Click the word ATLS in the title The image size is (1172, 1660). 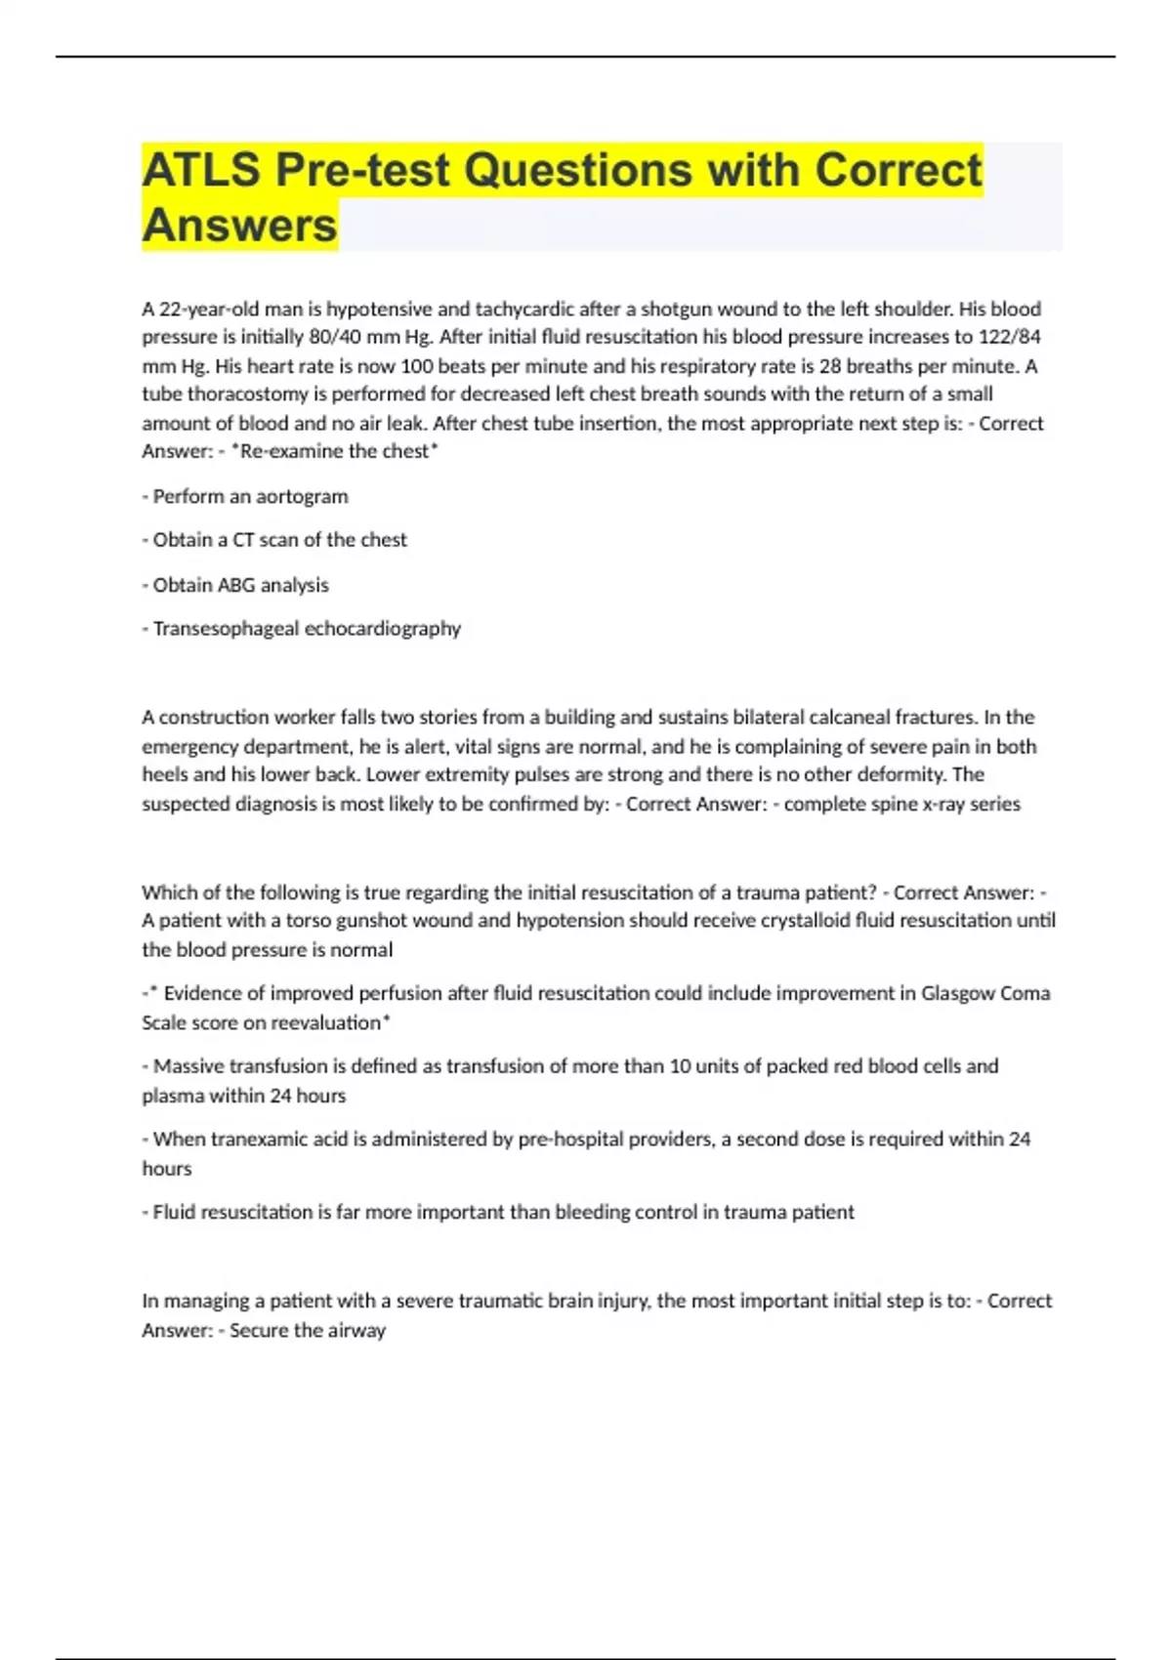click(201, 170)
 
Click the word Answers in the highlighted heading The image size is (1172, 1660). click(239, 226)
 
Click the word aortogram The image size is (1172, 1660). click(302, 496)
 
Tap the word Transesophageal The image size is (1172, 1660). click(226, 628)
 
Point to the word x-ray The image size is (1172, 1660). click(937, 804)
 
